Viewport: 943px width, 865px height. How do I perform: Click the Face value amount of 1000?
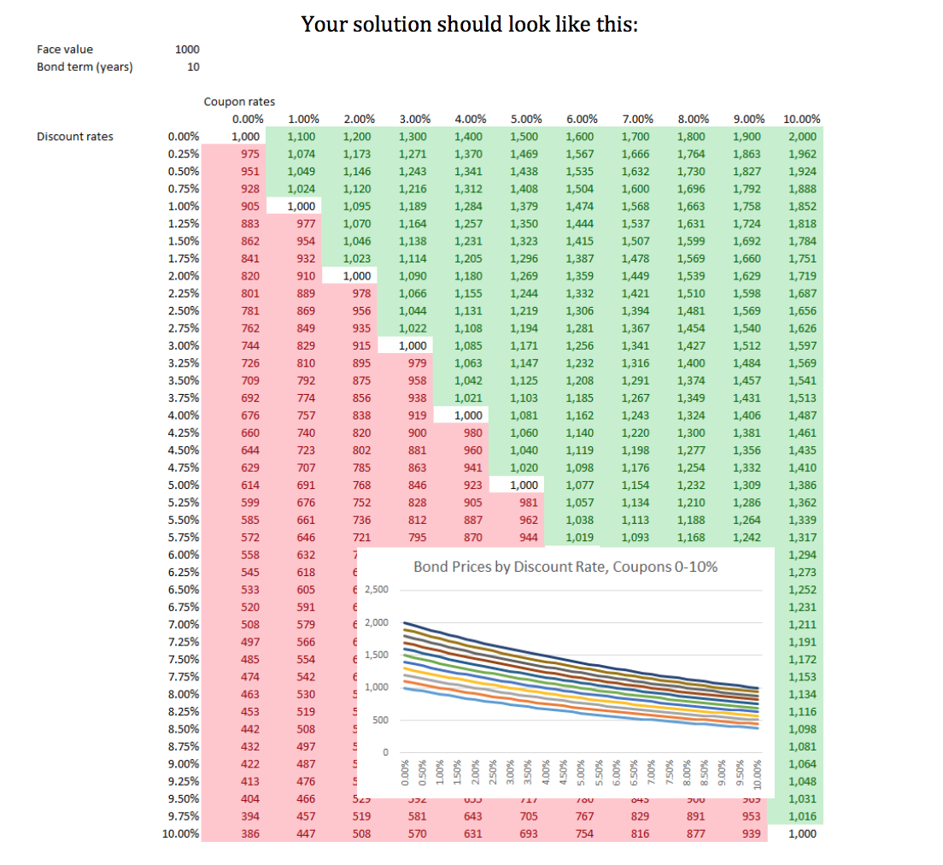[187, 50]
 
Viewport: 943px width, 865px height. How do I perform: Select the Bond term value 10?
[193, 68]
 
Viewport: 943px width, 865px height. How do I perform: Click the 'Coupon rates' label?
[239, 102]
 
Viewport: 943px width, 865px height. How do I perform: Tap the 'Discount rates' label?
[75, 137]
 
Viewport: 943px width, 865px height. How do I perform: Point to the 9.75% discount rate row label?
[184, 816]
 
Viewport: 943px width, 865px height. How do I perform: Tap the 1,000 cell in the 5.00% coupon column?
[524, 485]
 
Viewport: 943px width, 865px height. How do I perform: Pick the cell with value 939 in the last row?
[750, 833]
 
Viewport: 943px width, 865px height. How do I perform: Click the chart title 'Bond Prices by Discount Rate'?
[565, 567]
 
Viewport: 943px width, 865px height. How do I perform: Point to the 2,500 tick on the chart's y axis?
[377, 590]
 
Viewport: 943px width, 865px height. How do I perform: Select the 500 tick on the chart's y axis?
[382, 721]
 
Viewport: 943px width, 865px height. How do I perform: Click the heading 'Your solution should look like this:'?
[470, 24]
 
